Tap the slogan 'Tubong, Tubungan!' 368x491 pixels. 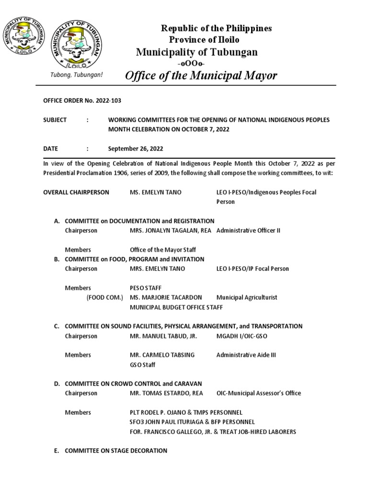coord(77,76)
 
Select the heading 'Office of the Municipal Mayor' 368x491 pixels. coord(201,75)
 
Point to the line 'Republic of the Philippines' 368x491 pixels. coord(216,28)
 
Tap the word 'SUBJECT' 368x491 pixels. coord(55,120)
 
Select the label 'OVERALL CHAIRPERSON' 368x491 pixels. coord(76,192)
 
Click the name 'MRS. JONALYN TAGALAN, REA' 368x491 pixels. coord(171,231)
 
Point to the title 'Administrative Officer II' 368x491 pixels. coord(248,231)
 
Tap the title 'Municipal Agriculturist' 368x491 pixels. coord(247,298)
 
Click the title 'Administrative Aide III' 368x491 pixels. coord(246,355)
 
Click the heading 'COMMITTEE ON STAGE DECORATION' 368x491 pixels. coord(116,451)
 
